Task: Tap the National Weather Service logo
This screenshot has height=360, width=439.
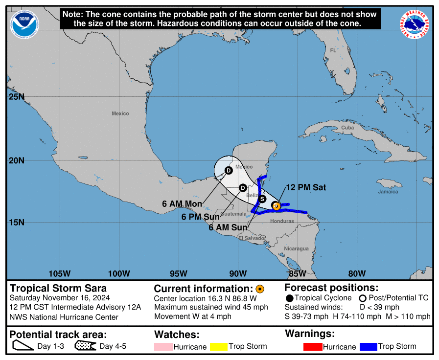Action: (x=416, y=24)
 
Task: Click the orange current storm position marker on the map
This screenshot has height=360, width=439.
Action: (x=276, y=206)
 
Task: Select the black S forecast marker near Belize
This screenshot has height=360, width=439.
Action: (x=262, y=199)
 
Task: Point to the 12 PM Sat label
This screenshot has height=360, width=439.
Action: (x=306, y=187)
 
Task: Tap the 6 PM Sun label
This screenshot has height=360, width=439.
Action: (x=200, y=217)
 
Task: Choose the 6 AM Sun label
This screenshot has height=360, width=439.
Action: (x=228, y=227)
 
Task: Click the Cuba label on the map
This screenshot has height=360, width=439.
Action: (x=347, y=128)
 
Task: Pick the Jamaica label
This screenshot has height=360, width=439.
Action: (x=388, y=192)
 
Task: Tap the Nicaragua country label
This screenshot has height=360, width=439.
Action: (x=297, y=248)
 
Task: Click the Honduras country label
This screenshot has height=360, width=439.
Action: (x=282, y=221)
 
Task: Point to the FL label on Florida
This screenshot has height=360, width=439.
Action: (x=333, y=50)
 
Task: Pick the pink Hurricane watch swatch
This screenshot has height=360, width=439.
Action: (x=163, y=347)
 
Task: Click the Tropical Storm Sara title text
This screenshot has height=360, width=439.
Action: (x=58, y=288)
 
